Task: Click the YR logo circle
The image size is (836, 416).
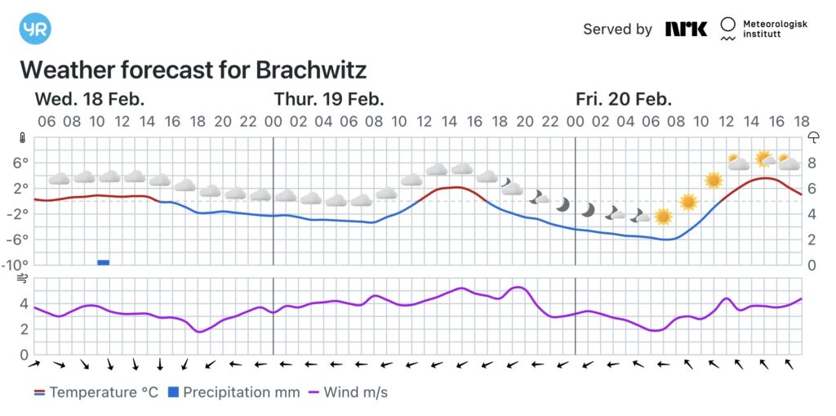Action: coord(35,29)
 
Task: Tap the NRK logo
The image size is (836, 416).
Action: coord(686,29)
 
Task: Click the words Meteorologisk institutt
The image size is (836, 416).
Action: coord(774,30)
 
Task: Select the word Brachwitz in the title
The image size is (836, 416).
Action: coord(311,69)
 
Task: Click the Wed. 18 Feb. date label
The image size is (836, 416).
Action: coord(90,100)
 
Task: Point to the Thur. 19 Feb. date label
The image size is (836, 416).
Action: coord(329,100)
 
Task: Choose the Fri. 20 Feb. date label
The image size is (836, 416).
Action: coord(624,100)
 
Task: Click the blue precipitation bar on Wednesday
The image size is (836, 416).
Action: coord(103,262)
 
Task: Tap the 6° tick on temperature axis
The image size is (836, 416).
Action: coord(20,163)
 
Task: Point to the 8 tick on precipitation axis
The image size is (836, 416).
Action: coord(812,163)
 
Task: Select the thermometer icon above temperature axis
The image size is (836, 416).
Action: coord(22,137)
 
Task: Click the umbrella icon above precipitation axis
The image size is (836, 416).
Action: coord(813,137)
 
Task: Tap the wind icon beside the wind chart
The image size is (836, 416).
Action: coord(22,280)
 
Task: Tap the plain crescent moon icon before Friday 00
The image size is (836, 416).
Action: coord(563,204)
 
